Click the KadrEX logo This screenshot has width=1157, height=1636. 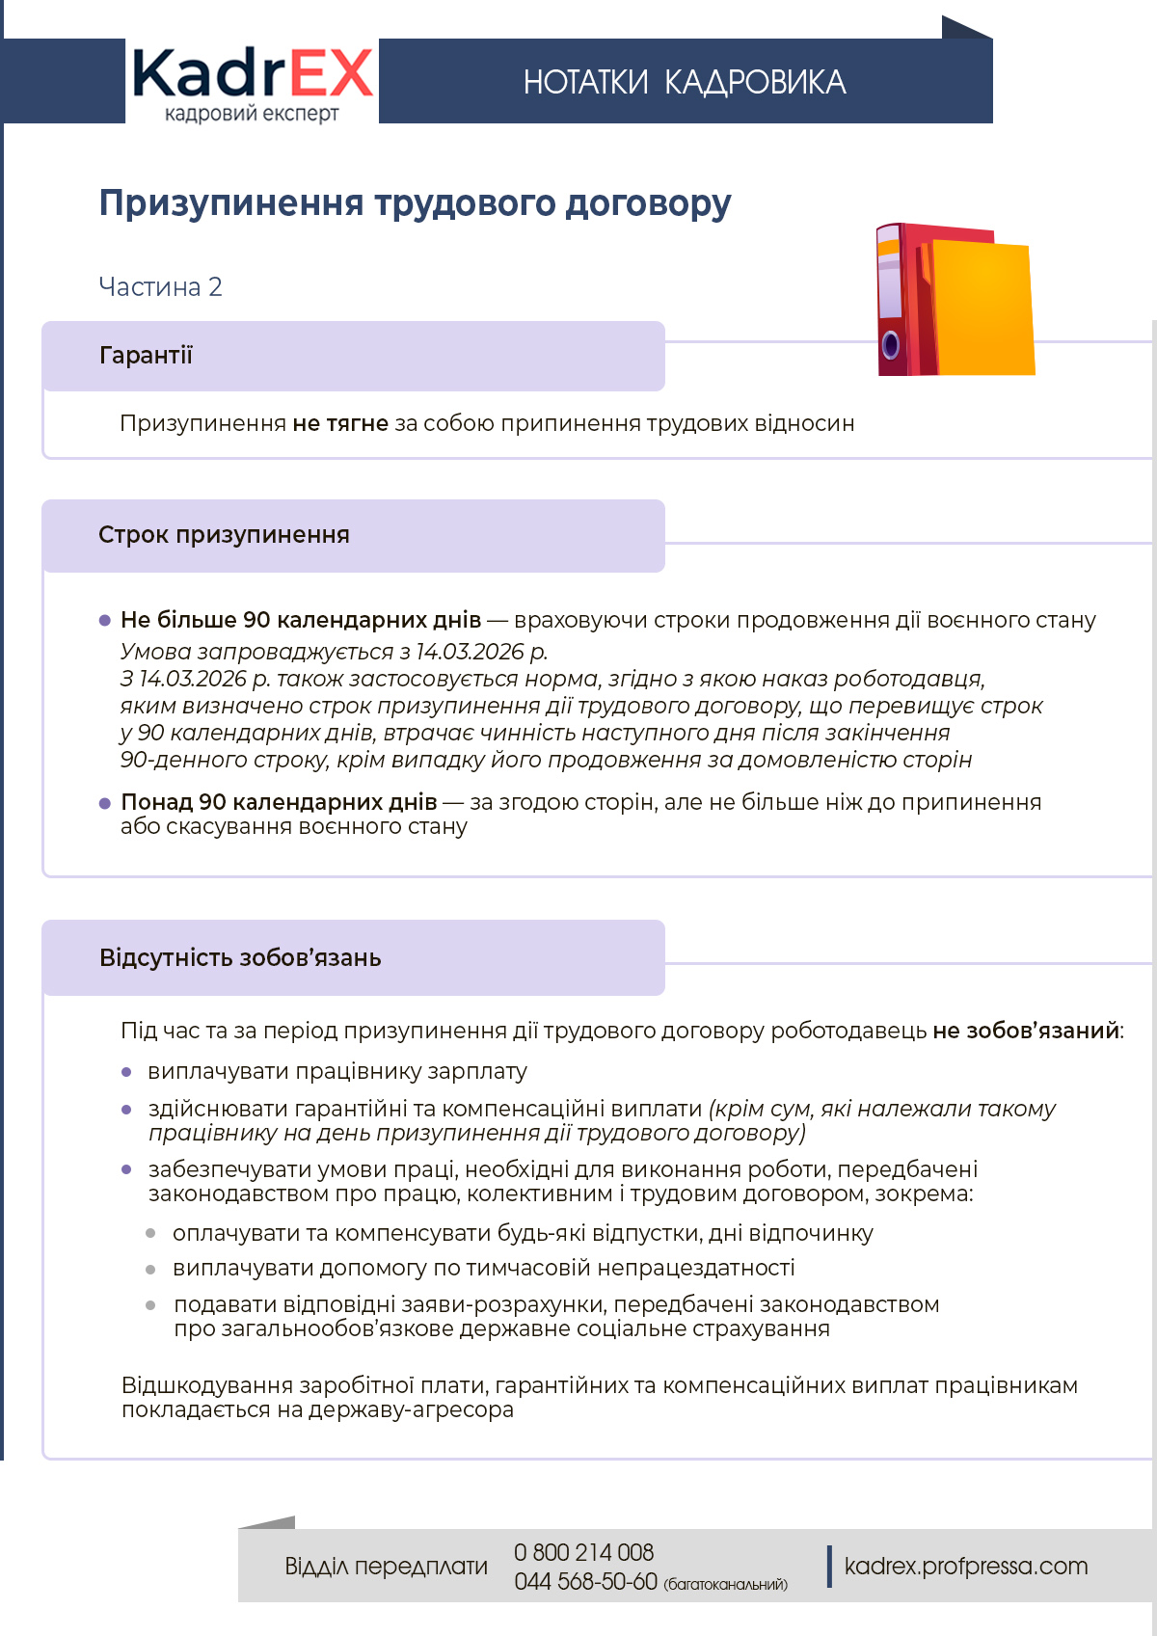[x=252, y=83]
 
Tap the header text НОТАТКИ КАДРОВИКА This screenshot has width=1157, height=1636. [x=685, y=83]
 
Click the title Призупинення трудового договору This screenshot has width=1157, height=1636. [x=415, y=203]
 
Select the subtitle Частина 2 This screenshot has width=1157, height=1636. [x=160, y=287]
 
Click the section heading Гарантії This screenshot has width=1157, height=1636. [x=146, y=356]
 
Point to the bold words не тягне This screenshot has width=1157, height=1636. [x=340, y=423]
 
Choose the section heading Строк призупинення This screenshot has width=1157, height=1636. [x=224, y=535]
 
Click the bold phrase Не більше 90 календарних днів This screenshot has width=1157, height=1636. [x=301, y=620]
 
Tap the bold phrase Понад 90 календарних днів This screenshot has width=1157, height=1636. [x=279, y=802]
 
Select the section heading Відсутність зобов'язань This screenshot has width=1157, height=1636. [x=240, y=958]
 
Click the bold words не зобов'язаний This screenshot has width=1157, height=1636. [x=1026, y=1031]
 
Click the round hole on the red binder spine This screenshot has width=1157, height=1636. [x=891, y=344]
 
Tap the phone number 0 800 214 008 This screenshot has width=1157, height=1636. [x=583, y=1553]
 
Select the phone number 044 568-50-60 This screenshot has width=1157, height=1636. [x=585, y=1582]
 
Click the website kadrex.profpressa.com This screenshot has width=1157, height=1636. [x=965, y=1567]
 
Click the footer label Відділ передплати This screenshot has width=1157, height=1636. [x=386, y=1567]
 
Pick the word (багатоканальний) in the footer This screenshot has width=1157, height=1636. [x=725, y=1585]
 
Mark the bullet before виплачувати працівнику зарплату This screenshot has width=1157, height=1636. [x=126, y=1072]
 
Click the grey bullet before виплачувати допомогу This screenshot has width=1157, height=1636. [x=150, y=1270]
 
